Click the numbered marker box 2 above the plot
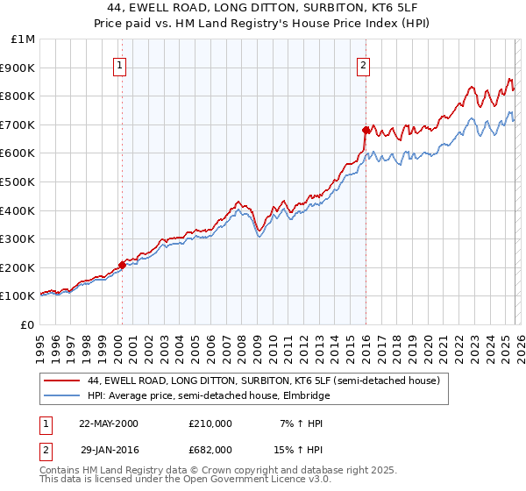point(363,64)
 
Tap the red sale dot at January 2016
point(366,130)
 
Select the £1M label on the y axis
point(24,39)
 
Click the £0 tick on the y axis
point(27,324)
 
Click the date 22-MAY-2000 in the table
point(109,423)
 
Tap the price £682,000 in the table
point(210,449)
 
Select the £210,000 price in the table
point(210,423)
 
